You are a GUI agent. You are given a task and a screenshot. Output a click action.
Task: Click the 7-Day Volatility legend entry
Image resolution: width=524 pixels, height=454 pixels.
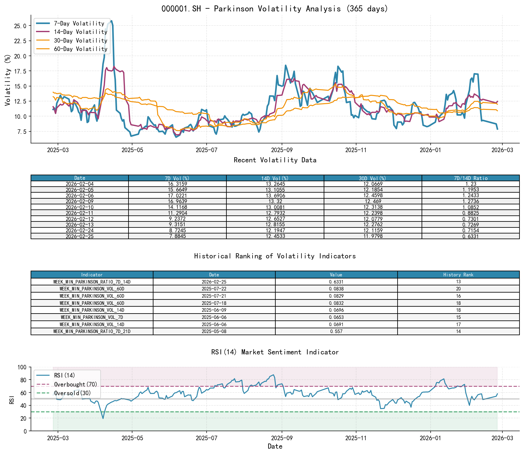click(x=79, y=23)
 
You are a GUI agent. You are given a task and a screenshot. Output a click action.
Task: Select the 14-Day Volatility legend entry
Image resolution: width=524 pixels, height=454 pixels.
click(x=80, y=32)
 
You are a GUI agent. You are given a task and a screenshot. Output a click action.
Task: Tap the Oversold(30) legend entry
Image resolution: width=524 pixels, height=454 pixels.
click(x=72, y=393)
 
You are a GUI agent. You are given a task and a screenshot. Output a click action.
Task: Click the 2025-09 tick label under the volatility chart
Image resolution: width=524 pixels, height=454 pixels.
click(x=281, y=150)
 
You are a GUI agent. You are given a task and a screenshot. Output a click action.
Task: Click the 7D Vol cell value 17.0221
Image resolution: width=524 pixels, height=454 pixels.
click(x=177, y=196)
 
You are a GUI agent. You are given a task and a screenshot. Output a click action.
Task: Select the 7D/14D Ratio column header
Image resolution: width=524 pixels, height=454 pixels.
click(x=470, y=178)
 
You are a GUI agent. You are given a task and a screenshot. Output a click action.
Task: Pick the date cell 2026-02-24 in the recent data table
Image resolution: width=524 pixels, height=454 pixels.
click(x=80, y=230)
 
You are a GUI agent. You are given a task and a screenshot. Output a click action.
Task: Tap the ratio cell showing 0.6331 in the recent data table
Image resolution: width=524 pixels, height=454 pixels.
click(x=470, y=236)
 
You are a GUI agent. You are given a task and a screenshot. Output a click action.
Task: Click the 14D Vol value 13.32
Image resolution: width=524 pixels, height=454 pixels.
click(x=275, y=201)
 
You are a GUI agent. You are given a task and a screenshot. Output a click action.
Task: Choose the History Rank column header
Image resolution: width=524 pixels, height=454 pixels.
click(x=458, y=275)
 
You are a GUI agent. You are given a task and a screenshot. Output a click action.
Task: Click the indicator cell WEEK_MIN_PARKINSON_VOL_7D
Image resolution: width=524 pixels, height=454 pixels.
click(x=92, y=317)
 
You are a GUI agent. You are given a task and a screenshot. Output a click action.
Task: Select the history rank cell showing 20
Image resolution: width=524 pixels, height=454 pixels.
click(x=458, y=289)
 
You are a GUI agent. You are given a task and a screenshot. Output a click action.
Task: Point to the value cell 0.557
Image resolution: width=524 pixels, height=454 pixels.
click(x=336, y=331)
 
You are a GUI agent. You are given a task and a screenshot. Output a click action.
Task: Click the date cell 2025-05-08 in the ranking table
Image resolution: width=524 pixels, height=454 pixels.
click(x=214, y=331)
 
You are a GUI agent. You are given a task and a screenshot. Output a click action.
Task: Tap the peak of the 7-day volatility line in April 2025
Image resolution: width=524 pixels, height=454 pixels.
click(x=111, y=21)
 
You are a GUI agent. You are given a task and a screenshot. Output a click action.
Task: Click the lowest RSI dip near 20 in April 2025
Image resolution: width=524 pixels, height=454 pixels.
click(x=103, y=418)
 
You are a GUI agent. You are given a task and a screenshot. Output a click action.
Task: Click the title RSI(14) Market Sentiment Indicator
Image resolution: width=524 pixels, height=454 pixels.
click(x=275, y=352)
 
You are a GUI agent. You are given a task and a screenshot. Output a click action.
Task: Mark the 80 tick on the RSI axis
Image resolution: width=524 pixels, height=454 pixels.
click(x=23, y=380)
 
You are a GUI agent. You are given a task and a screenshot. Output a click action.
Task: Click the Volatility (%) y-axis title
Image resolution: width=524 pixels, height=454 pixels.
click(x=8, y=80)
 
